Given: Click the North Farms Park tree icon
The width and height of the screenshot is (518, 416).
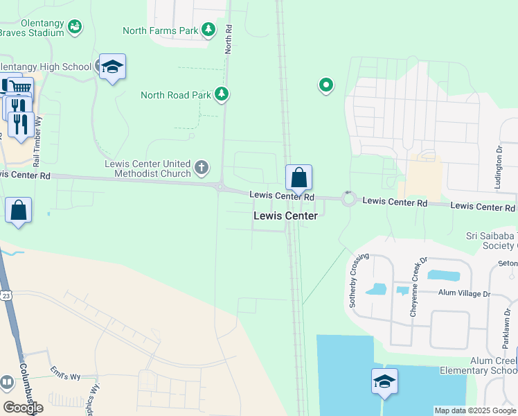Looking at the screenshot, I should tap(208, 30).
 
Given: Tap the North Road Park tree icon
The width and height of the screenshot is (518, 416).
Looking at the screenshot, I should tap(222, 94).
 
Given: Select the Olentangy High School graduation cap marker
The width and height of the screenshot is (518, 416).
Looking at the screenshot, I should tap(112, 67).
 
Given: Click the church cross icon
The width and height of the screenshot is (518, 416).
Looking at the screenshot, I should tap(202, 167).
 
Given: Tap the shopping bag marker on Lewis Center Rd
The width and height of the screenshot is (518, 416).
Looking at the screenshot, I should tap(298, 178).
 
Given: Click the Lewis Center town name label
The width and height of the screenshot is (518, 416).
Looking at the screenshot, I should tap(285, 216).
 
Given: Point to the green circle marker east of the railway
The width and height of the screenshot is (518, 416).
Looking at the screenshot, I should tap(325, 85).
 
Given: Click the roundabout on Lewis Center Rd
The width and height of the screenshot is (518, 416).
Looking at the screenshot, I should tap(348, 200).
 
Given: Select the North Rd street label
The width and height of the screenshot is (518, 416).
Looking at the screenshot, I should tap(229, 40).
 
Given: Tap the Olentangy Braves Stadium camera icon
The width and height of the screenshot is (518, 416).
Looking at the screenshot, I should tap(75, 26).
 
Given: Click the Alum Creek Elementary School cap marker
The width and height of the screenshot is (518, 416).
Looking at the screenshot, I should tap(384, 382).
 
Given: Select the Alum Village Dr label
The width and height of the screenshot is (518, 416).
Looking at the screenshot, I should tap(464, 293).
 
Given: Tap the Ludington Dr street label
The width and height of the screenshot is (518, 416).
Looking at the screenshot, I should tap(498, 167).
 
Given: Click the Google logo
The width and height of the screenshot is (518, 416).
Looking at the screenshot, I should tap(23, 408).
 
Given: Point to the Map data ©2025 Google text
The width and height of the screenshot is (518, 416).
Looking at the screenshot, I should tap(474, 410).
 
